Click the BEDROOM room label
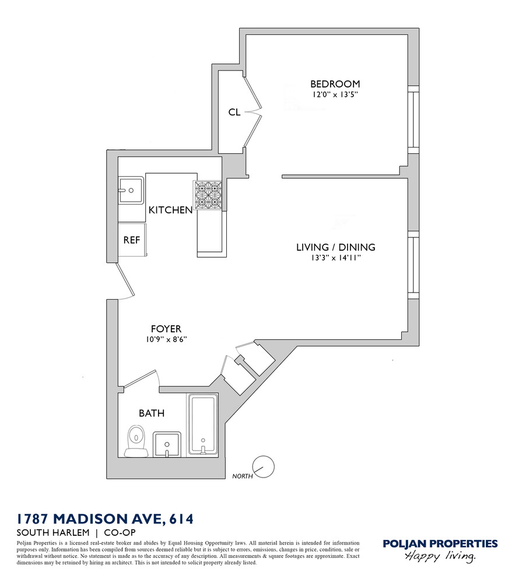click(x=335, y=84)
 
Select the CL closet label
click(x=234, y=112)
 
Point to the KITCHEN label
click(x=170, y=210)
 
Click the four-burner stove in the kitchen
click(x=209, y=195)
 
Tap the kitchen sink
click(x=131, y=190)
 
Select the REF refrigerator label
click(x=131, y=240)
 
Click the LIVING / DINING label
click(x=335, y=247)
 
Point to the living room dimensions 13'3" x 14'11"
click(x=334, y=258)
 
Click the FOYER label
click(x=166, y=329)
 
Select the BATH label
click(x=151, y=413)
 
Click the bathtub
click(x=202, y=424)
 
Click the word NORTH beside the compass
click(x=241, y=476)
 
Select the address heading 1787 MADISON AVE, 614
click(x=104, y=518)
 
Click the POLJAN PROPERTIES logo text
click(x=440, y=544)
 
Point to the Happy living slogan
click(x=440, y=557)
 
